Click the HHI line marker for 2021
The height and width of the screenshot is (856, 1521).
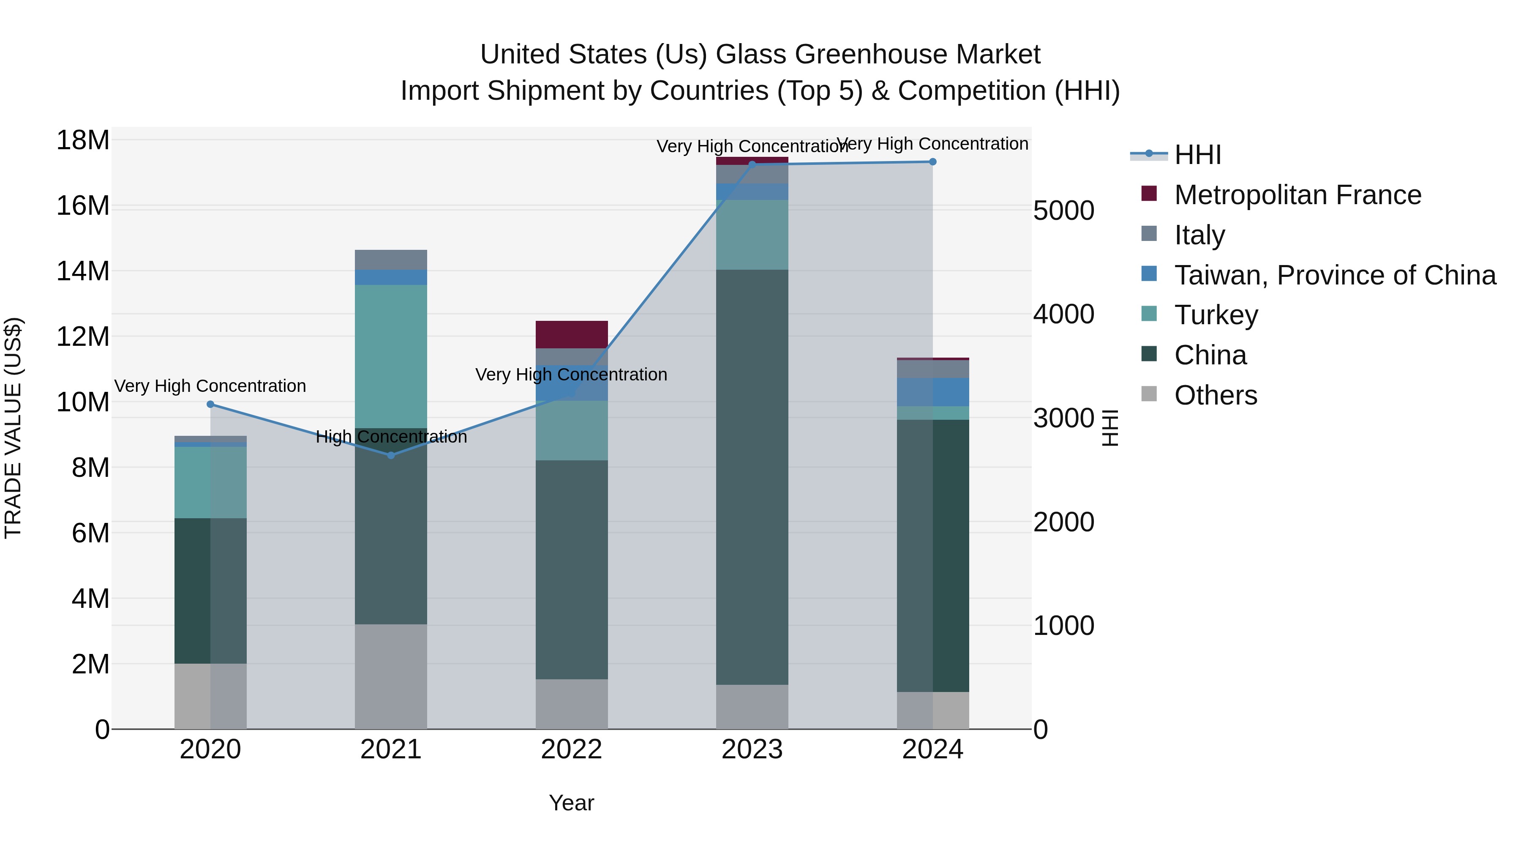(391, 455)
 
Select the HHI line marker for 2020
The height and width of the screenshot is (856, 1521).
(210, 404)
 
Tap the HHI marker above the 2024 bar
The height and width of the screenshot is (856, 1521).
(932, 162)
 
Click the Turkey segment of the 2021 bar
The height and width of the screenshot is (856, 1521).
(391, 356)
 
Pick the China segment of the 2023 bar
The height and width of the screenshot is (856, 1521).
(752, 477)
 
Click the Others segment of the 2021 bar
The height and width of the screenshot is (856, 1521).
(391, 676)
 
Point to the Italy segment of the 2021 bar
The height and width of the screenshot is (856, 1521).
(391, 260)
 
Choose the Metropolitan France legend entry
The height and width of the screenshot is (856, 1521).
(1297, 195)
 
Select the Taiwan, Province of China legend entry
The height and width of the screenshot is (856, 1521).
(1334, 275)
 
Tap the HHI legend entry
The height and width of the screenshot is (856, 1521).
(1197, 155)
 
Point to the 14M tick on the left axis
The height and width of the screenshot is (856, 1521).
(83, 271)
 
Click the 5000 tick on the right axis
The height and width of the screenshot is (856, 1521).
(1063, 211)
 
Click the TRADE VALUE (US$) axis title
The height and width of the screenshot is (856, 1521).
(13, 428)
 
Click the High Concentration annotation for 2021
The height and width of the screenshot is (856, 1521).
(391, 437)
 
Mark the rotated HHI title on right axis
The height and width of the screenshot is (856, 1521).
(1110, 428)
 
